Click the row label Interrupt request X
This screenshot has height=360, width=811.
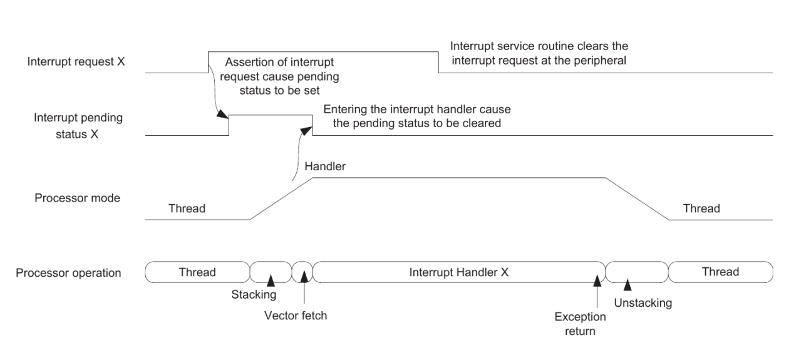[76, 62]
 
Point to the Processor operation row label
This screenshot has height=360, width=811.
[69, 273]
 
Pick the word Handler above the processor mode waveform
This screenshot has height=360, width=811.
[326, 167]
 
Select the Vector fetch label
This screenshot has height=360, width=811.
[296, 316]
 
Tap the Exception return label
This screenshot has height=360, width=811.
[580, 324]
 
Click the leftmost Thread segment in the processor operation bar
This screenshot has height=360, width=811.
[197, 272]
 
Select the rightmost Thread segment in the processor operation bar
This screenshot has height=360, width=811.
[720, 272]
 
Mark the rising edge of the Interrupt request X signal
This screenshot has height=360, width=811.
[208, 63]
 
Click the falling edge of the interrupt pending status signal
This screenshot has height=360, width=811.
[313, 125]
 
